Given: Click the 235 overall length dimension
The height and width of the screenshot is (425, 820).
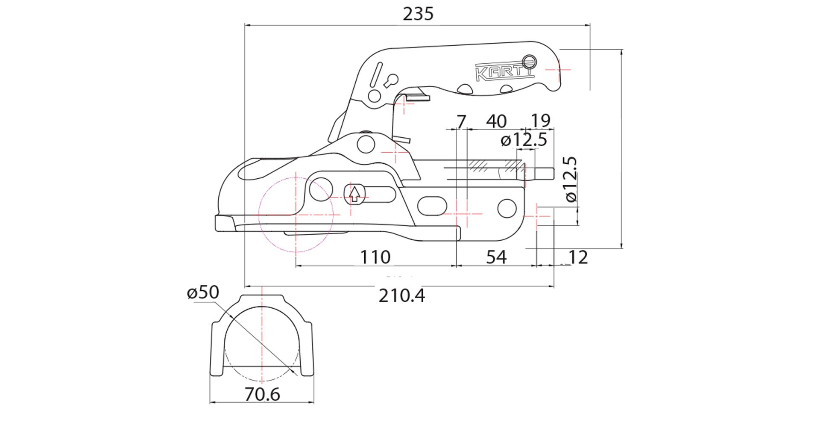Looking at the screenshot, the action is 418,14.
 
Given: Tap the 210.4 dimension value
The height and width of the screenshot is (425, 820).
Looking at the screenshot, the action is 401,295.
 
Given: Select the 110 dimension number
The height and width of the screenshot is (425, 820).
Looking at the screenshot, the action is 375,257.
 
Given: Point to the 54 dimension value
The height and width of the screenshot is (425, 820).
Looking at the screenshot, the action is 496,257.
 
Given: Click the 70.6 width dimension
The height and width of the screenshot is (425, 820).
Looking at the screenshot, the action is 262,394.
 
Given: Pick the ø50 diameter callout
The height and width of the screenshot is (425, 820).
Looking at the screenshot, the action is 203,292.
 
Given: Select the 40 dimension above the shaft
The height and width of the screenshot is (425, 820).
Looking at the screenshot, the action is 496,121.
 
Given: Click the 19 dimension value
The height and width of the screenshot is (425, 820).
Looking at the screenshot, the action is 540,121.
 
